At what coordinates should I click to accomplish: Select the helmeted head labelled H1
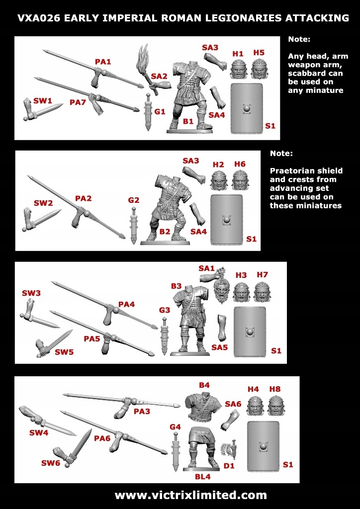(239, 70)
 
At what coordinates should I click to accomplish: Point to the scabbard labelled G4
(175, 450)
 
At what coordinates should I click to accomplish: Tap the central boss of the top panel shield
(247, 108)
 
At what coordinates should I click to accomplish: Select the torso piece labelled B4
(203, 406)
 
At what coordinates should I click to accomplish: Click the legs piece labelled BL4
(203, 449)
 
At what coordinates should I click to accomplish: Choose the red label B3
(177, 286)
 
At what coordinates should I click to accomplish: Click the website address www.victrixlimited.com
(190, 495)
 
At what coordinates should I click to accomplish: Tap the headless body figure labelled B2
(165, 209)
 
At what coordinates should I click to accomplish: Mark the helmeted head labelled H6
(240, 180)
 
